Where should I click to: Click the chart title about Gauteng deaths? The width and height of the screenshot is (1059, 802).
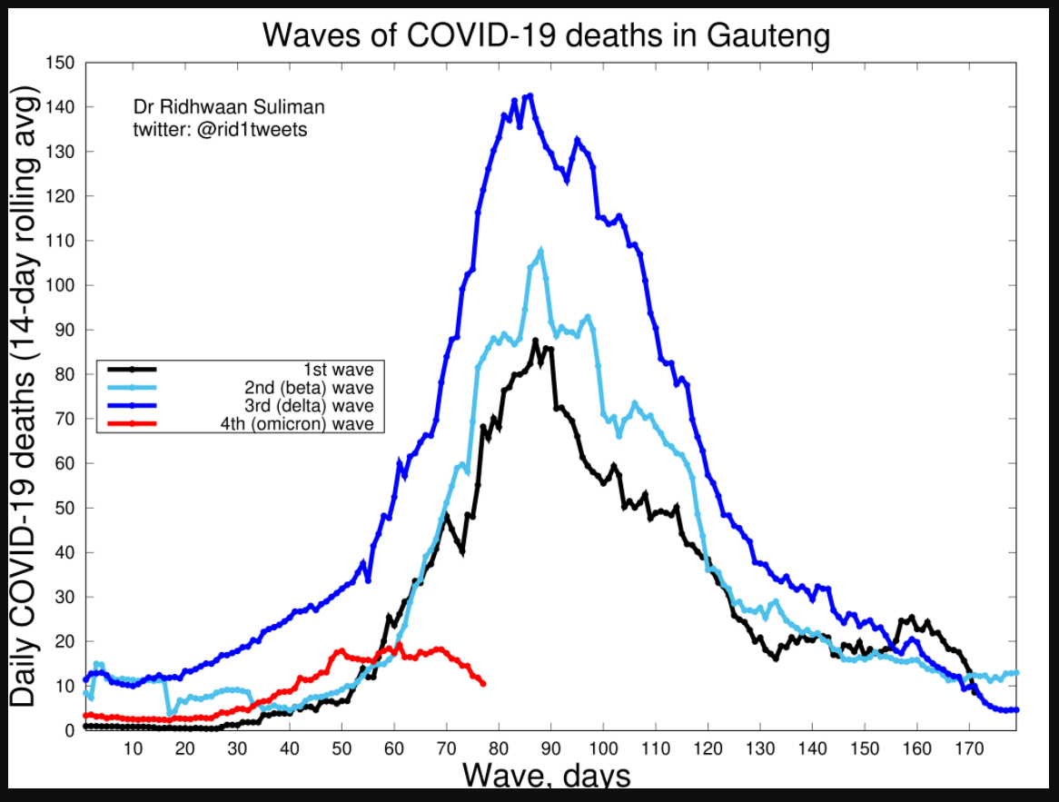coord(546,35)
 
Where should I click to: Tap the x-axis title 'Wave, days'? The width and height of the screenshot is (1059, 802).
coord(546,777)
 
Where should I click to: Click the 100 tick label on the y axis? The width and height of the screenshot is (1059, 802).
coord(61,285)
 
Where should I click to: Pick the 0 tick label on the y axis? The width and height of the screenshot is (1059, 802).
coord(69,730)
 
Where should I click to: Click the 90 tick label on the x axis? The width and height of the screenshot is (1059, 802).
coord(550,748)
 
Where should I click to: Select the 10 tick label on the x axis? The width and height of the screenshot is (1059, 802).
coord(133,748)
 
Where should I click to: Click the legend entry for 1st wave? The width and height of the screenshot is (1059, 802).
coord(341,369)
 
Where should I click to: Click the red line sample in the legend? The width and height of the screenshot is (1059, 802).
coord(133,423)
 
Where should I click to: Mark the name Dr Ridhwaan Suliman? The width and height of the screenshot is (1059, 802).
coord(229,107)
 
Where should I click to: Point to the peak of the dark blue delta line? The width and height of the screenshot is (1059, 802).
coord(529,94)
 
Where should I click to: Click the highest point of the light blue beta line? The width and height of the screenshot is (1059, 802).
coord(540,251)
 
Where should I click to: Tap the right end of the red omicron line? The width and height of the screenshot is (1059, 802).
coord(482,683)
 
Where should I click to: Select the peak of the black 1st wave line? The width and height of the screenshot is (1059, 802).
coord(536,341)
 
